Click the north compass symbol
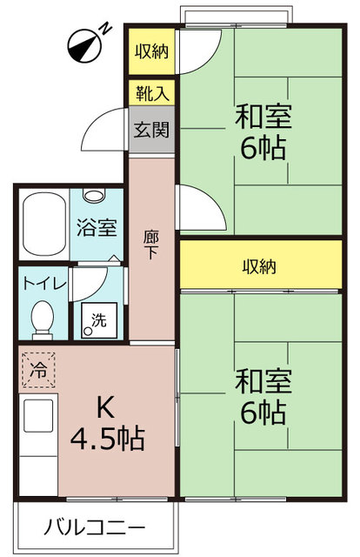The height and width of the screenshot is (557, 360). coord(84,46)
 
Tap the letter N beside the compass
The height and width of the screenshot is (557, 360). coord(105,29)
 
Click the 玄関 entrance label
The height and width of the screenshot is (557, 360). coord(151,130)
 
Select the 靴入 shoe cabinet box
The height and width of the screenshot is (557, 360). coord(151,93)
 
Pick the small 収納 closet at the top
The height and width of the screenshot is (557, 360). coord(151,51)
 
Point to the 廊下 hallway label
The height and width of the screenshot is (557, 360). coord(151,245)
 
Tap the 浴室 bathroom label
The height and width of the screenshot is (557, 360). coord(97,228)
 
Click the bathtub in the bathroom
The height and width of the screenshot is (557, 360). coord(44,224)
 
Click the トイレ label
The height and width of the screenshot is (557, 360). coord(44,285)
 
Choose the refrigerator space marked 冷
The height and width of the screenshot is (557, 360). coord(39,370)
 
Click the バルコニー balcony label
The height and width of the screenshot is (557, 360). coord(95,527)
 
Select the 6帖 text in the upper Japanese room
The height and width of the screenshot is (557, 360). coord(263,148)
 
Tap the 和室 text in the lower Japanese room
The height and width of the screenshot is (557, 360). coord(263,381)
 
